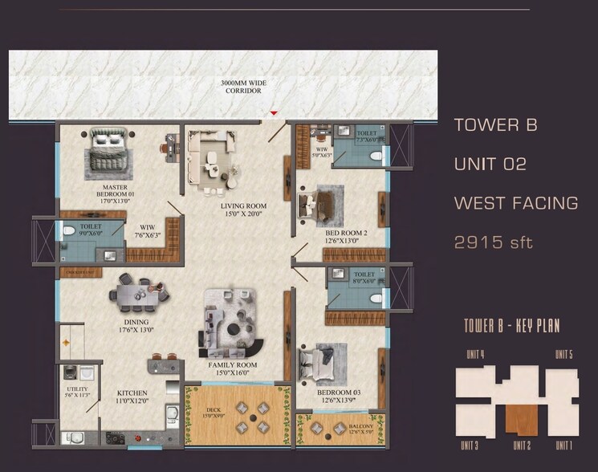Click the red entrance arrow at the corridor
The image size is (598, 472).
[275, 113]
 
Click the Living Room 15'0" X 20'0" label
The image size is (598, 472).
[244, 210]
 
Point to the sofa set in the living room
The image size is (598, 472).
[211, 156]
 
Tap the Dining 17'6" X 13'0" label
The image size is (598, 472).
[136, 326]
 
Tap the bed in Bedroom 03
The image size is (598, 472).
[323, 363]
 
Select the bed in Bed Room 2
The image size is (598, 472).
[321, 205]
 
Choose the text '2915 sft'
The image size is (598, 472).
[493, 242]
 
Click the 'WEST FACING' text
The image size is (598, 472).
[515, 203]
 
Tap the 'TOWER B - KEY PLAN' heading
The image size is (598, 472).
[511, 326]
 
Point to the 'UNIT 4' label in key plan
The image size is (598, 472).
[476, 354]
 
